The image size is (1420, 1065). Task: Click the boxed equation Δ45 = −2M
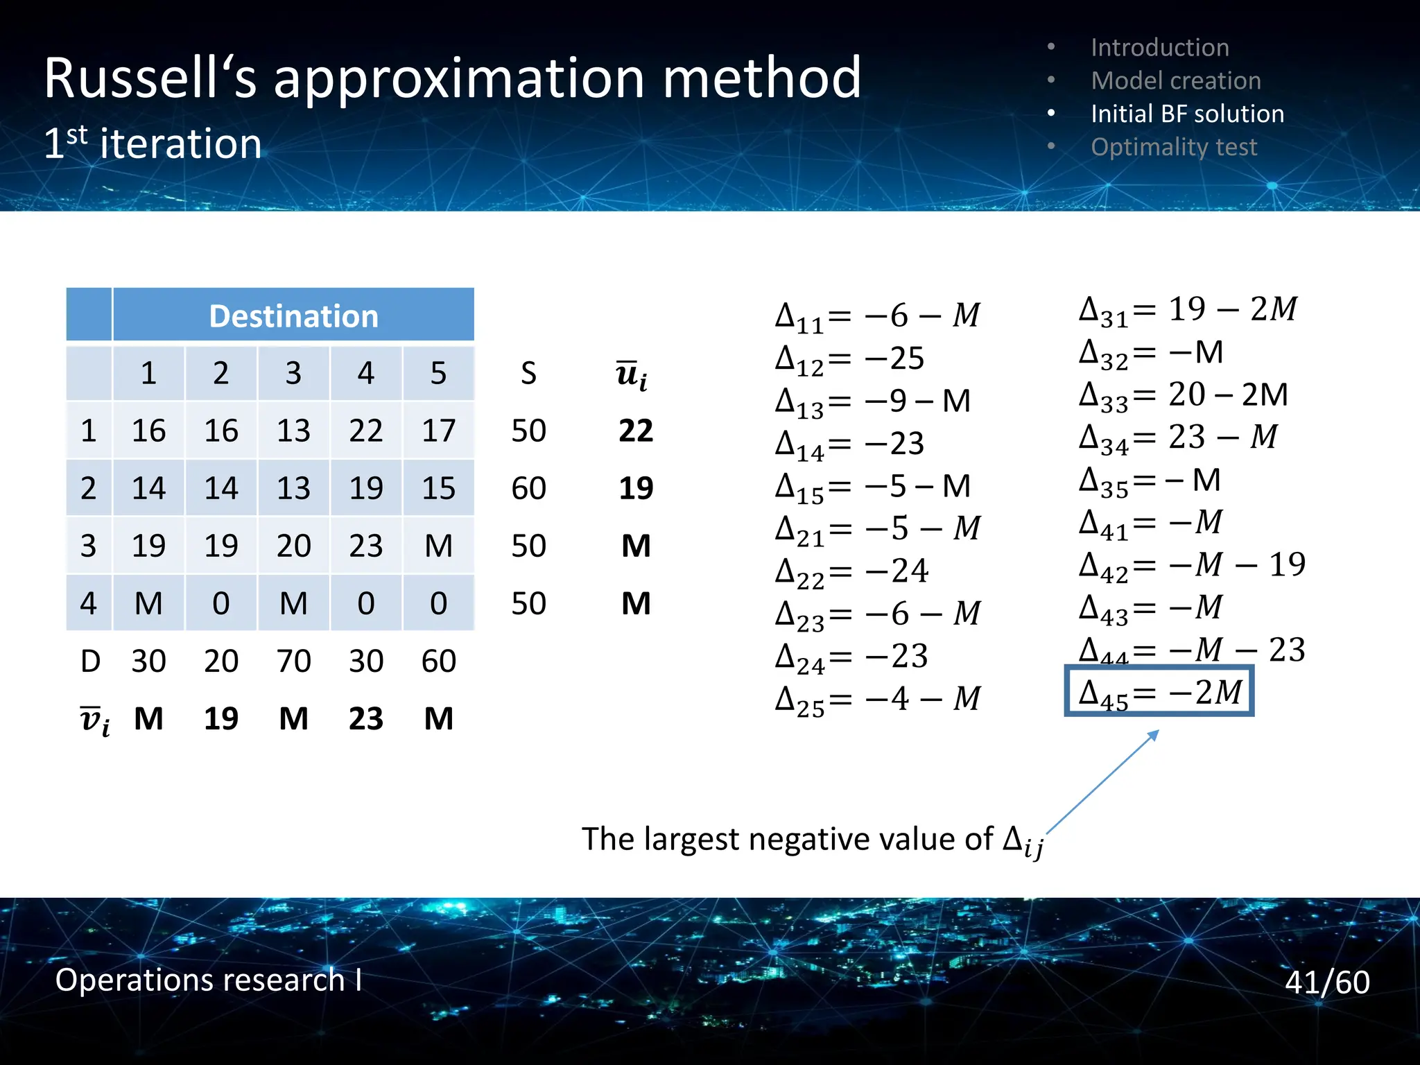point(1159,691)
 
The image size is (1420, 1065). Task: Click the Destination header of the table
point(293,316)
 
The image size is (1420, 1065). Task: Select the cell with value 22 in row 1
point(365,431)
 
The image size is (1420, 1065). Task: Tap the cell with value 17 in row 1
point(438,431)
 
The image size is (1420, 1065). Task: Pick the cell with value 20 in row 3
point(293,546)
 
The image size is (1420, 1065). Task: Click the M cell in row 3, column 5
point(438,546)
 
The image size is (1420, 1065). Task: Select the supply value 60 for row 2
point(528,488)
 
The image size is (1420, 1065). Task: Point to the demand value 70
point(293,661)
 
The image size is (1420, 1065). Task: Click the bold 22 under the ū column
point(635,431)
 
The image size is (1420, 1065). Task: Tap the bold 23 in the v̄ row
point(365,718)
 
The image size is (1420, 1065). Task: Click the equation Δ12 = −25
point(849,358)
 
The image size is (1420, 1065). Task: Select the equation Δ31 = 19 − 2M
point(1187,309)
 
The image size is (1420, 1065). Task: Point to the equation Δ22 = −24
point(851,572)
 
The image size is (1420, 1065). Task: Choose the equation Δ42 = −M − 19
point(1191,565)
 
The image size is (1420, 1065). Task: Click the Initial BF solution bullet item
point(1186,114)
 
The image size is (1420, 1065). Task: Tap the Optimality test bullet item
point(1173,147)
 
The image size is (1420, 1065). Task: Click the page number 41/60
point(1326,982)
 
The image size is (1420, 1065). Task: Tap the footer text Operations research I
point(208,980)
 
